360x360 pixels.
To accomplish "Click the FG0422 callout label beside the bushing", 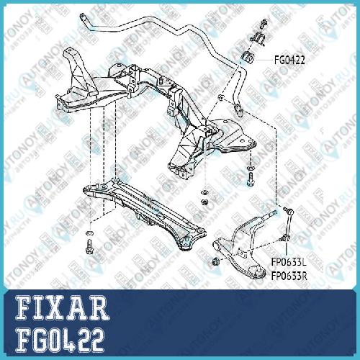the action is [x=289, y=60].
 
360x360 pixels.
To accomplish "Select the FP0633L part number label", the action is [x=289, y=262].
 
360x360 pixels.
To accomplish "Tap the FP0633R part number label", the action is [x=289, y=276].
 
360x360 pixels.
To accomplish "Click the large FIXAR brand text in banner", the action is [x=62, y=308].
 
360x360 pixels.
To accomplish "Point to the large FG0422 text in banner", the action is [x=60, y=340].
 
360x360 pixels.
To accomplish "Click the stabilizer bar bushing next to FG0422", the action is [x=247, y=58].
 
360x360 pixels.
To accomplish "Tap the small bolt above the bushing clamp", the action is [x=264, y=23].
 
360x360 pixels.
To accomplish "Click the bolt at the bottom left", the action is [x=90, y=246].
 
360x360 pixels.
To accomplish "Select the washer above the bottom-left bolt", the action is [x=90, y=233].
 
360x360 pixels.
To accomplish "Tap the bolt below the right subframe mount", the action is [x=250, y=179].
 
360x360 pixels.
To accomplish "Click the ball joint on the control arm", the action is [x=259, y=272].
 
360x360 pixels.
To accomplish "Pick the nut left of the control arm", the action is [x=216, y=261].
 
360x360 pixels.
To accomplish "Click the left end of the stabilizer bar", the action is [x=84, y=18].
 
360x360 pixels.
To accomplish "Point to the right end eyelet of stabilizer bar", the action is [x=239, y=109].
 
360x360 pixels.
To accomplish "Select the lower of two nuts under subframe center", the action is [x=204, y=201].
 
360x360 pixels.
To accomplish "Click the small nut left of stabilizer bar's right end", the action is [x=221, y=98].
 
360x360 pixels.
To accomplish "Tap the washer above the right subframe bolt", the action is [x=250, y=167].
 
